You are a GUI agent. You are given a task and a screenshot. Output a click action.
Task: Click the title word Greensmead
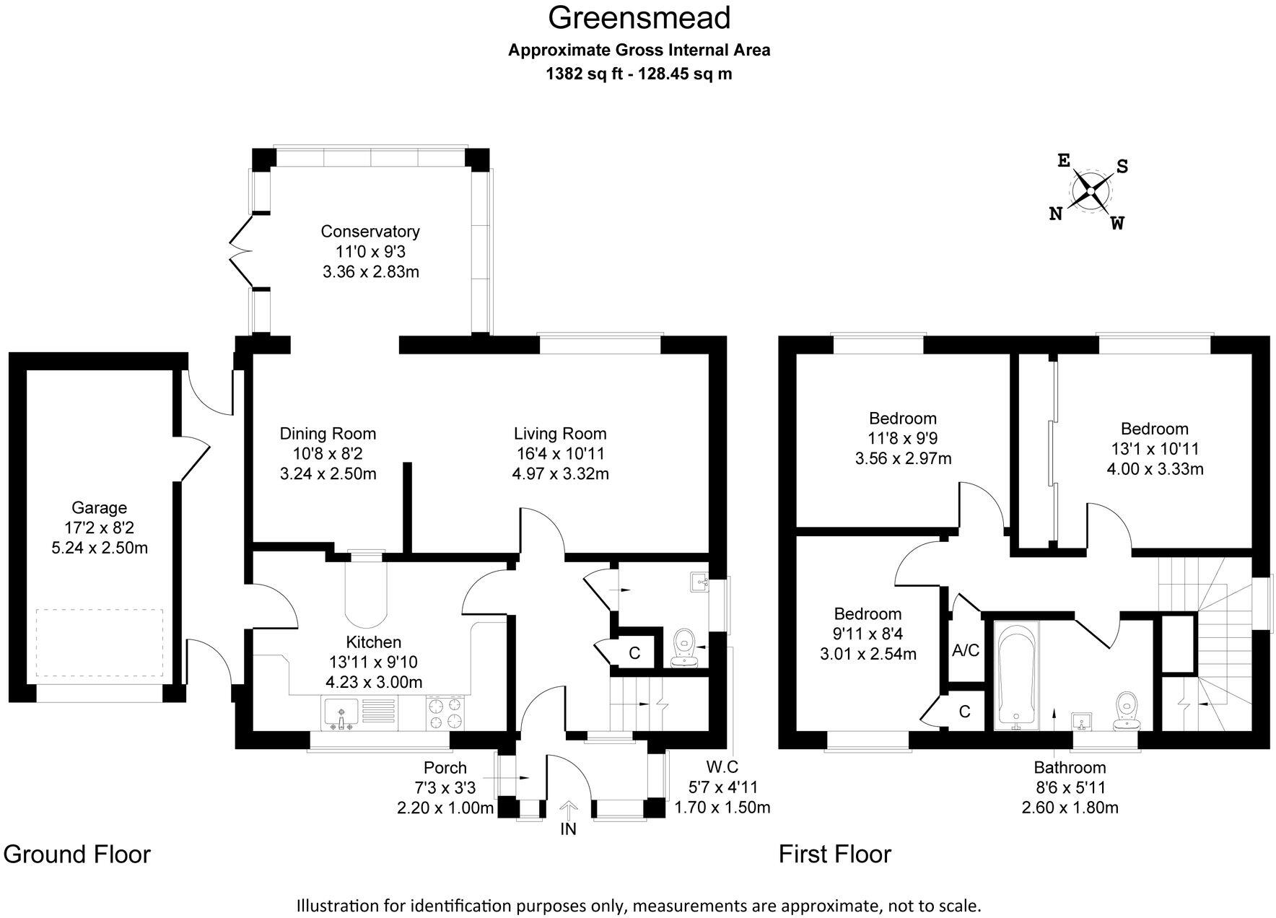click(639, 18)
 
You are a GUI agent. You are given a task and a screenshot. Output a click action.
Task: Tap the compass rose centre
click(1091, 191)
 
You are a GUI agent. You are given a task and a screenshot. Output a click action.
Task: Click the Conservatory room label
click(370, 232)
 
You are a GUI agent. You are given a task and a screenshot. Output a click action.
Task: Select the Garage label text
click(99, 507)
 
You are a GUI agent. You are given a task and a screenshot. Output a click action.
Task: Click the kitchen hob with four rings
click(445, 713)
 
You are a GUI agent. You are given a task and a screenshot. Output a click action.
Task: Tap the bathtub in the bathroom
click(1015, 674)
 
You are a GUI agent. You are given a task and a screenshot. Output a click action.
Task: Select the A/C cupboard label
click(966, 651)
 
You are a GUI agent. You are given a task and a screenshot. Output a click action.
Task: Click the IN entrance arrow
click(569, 809)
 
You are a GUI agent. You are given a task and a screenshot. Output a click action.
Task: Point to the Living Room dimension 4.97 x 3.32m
click(560, 474)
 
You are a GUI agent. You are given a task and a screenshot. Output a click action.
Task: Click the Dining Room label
click(328, 434)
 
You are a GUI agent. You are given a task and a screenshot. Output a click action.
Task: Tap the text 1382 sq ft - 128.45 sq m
click(639, 74)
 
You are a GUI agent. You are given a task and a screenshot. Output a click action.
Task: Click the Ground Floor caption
click(77, 854)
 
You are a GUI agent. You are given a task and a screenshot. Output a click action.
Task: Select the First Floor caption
click(835, 854)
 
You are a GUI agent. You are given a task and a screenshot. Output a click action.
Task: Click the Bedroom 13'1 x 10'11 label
click(1155, 429)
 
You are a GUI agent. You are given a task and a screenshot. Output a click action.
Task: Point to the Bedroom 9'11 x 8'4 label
click(868, 614)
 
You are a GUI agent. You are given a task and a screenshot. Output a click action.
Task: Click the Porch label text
click(445, 768)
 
